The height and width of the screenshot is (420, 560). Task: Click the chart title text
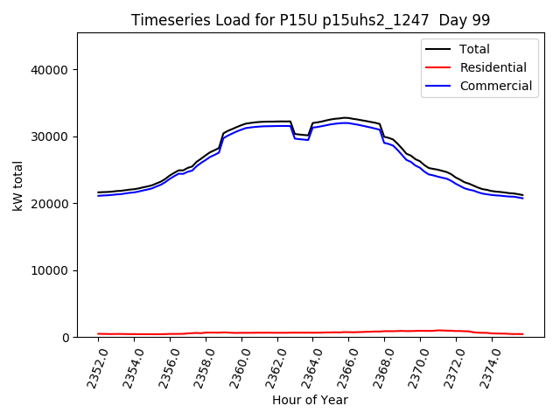click(x=311, y=20)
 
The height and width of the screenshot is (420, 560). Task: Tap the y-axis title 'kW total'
click(x=18, y=185)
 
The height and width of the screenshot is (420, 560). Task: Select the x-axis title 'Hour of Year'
click(x=310, y=401)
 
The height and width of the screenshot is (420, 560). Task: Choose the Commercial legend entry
click(x=495, y=86)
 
